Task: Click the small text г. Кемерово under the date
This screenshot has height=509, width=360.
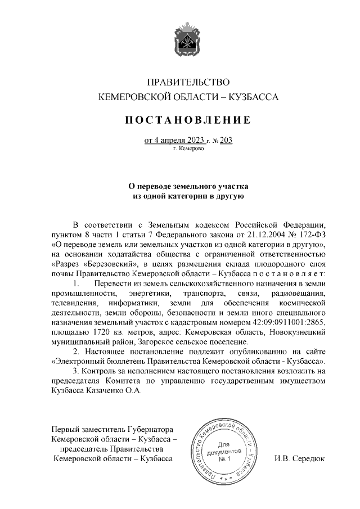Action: point(188,149)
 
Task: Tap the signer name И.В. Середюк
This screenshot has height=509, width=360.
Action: point(299,458)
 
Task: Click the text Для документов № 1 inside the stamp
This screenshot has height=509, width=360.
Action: point(224,452)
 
